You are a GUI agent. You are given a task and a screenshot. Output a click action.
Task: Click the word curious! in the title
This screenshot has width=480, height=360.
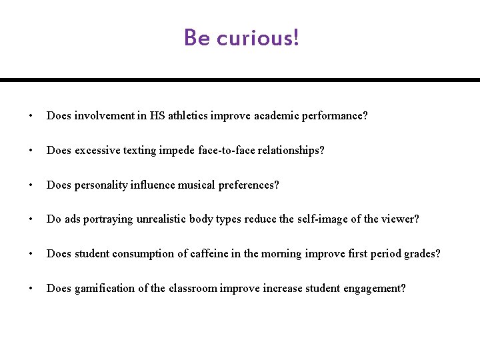pyautogui.click(x=258, y=38)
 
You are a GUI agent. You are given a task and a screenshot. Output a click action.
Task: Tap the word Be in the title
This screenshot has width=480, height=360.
pyautogui.click(x=197, y=37)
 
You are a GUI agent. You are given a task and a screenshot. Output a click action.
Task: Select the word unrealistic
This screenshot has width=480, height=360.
pyautogui.click(x=162, y=219)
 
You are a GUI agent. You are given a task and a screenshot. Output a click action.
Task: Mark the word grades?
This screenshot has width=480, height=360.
pyautogui.click(x=422, y=254)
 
